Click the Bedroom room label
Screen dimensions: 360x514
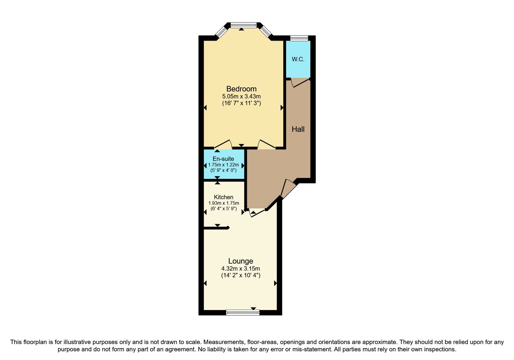241,89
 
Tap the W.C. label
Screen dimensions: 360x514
298,59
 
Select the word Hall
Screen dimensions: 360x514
298,129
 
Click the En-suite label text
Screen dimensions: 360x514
223,159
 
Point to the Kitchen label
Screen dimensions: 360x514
223,197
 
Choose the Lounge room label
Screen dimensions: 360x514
241,261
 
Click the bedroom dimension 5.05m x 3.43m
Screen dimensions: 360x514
241,96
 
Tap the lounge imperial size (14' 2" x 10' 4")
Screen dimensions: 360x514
241,275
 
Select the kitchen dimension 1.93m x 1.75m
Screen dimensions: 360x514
223,203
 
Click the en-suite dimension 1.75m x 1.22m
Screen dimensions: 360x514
223,165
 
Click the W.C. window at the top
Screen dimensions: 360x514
299,38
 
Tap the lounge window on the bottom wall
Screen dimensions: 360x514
243,312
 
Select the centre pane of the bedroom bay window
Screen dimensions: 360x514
243,26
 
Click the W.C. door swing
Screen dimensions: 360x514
300,83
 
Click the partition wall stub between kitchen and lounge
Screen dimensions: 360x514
217,228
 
